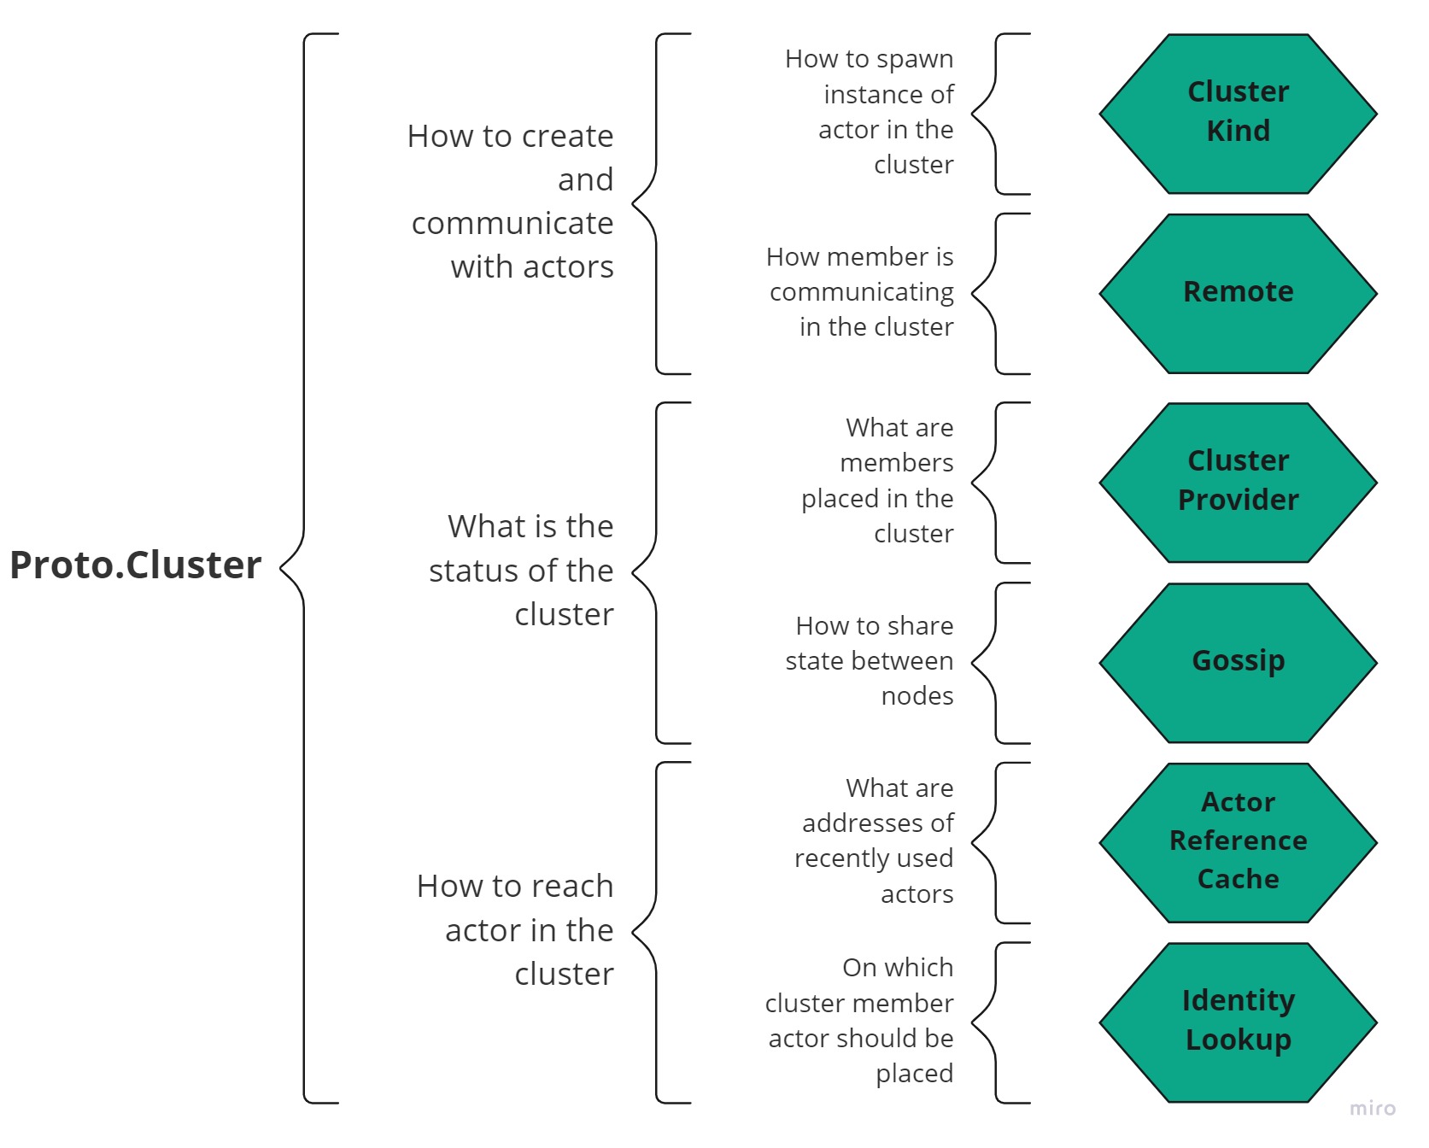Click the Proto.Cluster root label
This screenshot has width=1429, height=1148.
pyautogui.click(x=135, y=565)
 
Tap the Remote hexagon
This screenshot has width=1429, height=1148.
pyautogui.click(x=1238, y=292)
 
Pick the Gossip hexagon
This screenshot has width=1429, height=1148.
pyautogui.click(x=1238, y=661)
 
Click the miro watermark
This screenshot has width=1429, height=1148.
pyautogui.click(x=1372, y=1108)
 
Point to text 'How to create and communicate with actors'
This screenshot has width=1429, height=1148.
pyautogui.click(x=512, y=202)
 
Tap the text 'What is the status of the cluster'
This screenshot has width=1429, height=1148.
pyautogui.click(x=523, y=570)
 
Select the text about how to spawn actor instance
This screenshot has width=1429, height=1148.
pyautogui.click(x=871, y=112)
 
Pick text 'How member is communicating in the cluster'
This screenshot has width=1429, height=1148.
pyautogui.click(x=862, y=292)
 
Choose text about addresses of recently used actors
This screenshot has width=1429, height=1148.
pyautogui.click(x=876, y=840)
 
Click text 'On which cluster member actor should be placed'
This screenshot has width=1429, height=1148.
pyautogui.click(x=861, y=1021)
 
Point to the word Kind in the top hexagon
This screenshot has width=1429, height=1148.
pyautogui.click(x=1238, y=131)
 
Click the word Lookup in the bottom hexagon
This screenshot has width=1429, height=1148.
pyautogui.click(x=1238, y=1040)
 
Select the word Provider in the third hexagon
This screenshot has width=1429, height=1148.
pyautogui.click(x=1238, y=500)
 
